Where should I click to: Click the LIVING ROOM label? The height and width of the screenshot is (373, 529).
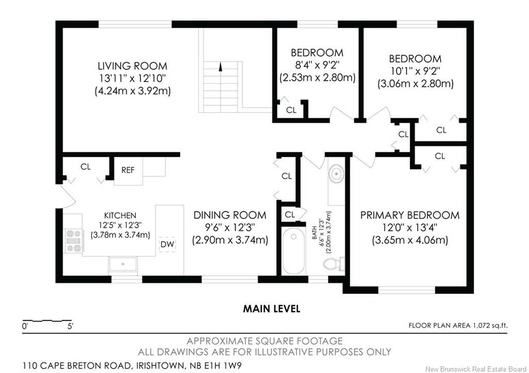click(133, 66)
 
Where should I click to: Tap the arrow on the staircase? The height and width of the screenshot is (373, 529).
click(221, 67)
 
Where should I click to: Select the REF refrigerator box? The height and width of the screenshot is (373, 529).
click(128, 170)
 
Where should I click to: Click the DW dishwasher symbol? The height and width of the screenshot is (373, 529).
click(167, 244)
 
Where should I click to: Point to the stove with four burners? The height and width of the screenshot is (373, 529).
click(73, 241)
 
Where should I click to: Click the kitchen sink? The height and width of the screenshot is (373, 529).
click(123, 265)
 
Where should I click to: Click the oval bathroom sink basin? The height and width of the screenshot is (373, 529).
click(336, 174)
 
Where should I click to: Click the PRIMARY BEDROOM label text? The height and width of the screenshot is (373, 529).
click(410, 215)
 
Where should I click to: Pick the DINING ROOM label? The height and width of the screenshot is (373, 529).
click(230, 215)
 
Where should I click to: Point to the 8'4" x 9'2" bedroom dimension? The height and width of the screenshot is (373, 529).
click(317, 66)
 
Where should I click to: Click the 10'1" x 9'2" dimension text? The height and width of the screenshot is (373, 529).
click(415, 71)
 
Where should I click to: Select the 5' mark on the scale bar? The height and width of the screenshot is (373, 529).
click(70, 326)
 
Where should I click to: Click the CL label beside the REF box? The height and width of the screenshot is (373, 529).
click(86, 167)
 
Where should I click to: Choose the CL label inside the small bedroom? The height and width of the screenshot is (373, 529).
click(291, 110)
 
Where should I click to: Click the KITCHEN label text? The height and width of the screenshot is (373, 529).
click(120, 215)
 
